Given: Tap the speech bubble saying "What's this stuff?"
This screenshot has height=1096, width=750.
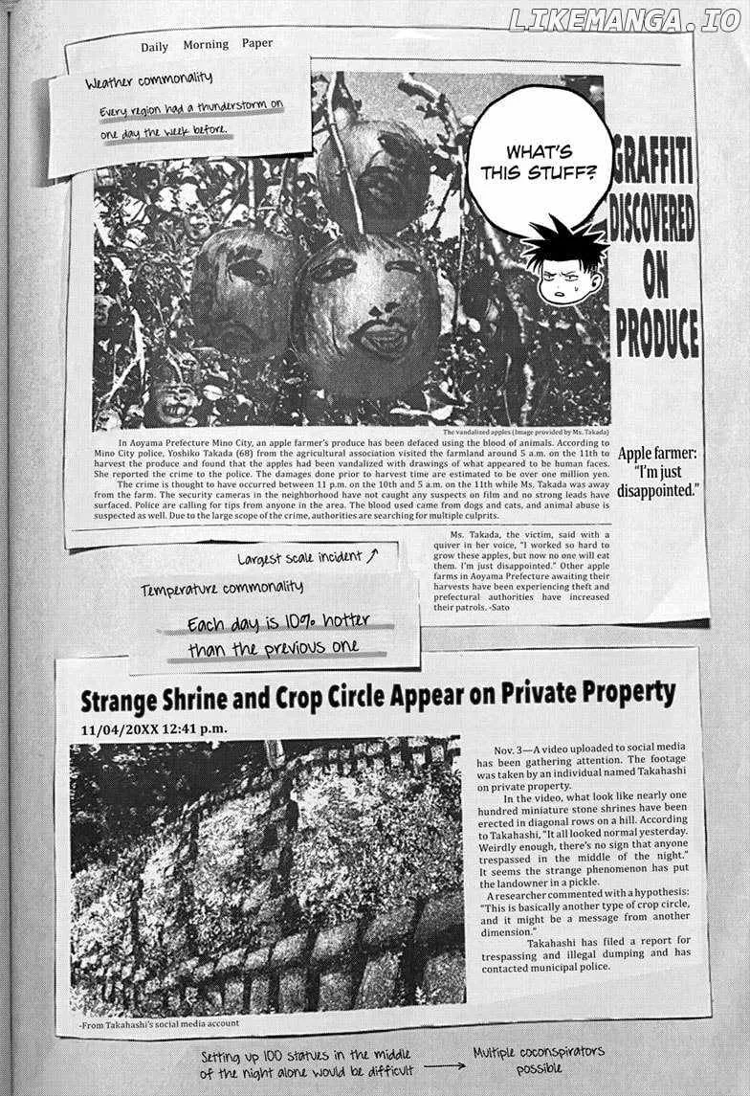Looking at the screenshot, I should [x=539, y=163].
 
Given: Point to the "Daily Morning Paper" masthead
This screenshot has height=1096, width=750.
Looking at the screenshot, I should [x=206, y=45].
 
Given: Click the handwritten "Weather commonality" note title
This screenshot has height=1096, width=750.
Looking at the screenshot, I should [x=148, y=80].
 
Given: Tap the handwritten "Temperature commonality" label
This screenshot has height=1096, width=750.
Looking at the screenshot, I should [x=221, y=587].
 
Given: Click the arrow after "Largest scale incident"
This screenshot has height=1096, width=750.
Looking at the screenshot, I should [x=372, y=553].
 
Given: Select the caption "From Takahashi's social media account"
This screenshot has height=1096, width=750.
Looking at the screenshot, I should [x=160, y=1022].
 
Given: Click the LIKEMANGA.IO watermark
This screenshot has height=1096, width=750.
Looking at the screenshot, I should [x=624, y=20].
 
